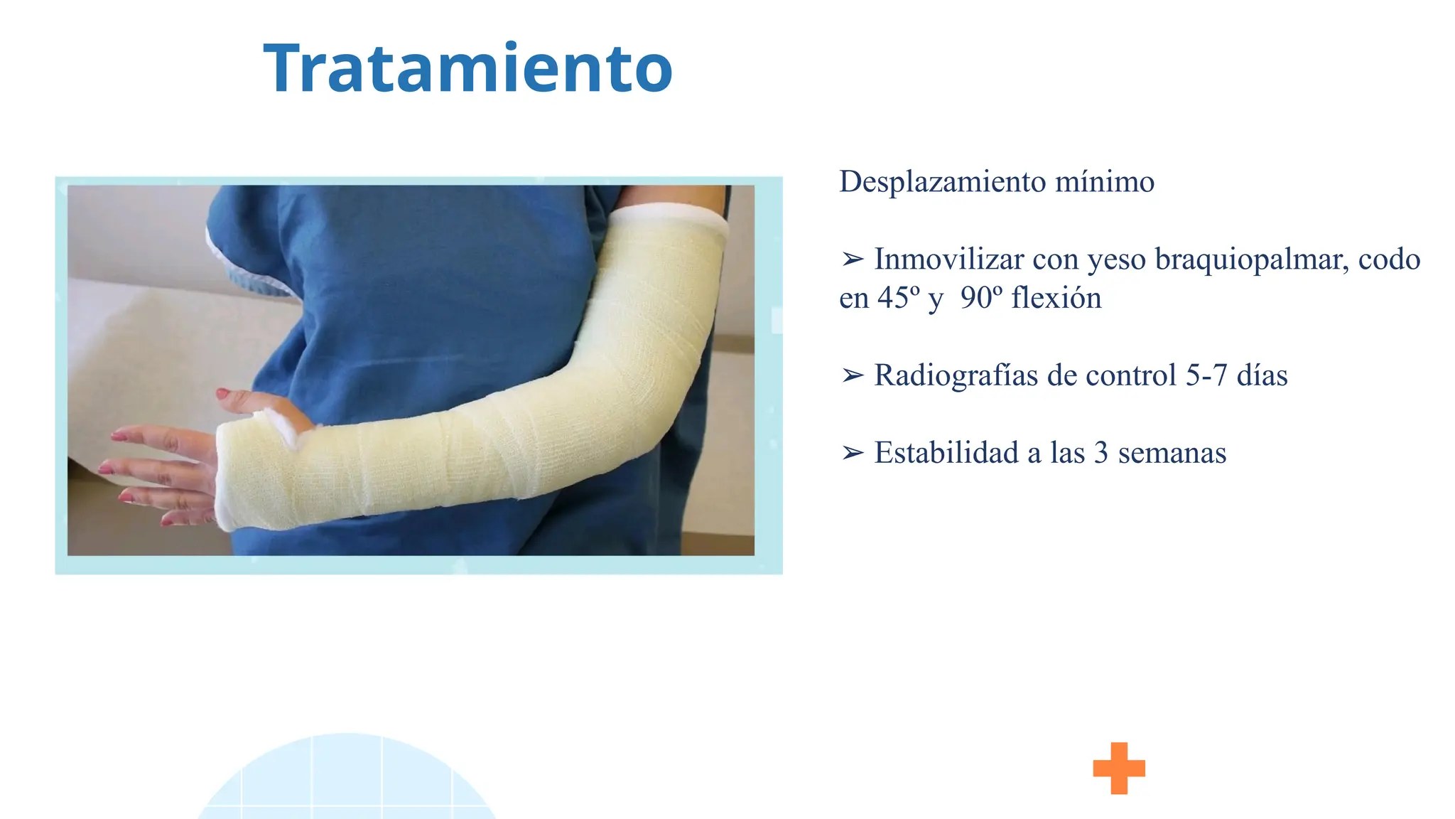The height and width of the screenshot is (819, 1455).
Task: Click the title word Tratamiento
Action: [467, 69]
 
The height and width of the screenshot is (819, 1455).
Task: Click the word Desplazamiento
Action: [942, 182]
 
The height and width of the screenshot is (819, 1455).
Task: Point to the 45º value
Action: [898, 298]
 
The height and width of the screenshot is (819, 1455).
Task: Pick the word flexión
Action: [1056, 298]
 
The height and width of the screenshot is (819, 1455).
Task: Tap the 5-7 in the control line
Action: [1206, 375]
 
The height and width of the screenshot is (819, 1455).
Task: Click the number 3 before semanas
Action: [1100, 453]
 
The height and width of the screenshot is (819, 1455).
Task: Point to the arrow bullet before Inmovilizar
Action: [852, 259]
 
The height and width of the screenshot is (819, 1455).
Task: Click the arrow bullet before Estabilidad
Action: [852, 453]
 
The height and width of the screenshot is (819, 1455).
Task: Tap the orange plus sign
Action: [1119, 768]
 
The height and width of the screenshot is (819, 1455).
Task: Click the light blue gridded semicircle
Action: [347, 782]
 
